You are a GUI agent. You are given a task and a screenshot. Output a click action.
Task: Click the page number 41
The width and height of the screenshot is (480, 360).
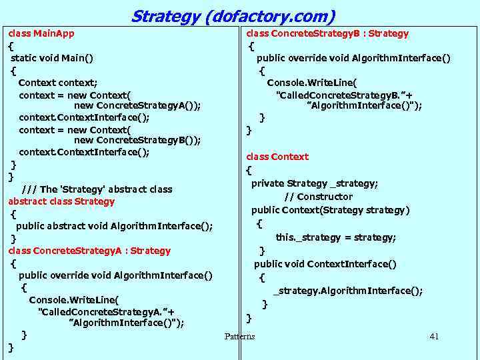pos(434,336)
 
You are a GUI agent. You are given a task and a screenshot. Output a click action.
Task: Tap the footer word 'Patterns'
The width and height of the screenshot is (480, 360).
pos(239,336)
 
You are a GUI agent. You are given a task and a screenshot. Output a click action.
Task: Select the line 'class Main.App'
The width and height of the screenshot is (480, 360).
pos(41,33)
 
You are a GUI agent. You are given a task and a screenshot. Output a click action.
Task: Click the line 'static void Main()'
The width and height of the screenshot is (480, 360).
pos(52,58)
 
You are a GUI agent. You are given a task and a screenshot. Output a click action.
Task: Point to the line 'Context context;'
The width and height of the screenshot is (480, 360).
pos(58,83)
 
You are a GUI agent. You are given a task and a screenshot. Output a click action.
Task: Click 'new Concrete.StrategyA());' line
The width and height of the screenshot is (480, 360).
pos(137,105)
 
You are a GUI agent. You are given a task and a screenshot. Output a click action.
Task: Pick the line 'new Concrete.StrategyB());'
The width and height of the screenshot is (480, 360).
pos(137,140)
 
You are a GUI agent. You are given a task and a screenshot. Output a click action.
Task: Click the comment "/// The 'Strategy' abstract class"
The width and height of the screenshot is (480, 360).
pos(97,189)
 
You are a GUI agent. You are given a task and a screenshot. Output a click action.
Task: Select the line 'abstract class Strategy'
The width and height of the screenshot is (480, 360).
pos(61,201)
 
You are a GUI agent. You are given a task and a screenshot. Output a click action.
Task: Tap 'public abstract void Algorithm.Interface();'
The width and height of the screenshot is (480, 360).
pos(115,226)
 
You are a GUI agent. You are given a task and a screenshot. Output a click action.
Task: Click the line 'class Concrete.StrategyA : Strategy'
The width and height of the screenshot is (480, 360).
pos(89,251)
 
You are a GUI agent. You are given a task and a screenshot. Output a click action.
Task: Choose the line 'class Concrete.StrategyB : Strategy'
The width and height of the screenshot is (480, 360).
pos(327,33)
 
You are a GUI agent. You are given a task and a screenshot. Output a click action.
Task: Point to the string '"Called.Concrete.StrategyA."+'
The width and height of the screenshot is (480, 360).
pos(107,312)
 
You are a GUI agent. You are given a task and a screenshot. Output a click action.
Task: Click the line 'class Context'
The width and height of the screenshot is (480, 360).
pos(277,157)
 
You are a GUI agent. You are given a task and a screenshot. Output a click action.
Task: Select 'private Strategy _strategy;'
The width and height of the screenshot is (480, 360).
pos(315,183)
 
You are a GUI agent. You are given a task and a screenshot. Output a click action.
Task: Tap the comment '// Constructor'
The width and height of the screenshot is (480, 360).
pos(318,197)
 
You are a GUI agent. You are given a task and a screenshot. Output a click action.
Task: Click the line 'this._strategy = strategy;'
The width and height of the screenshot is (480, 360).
pos(336,237)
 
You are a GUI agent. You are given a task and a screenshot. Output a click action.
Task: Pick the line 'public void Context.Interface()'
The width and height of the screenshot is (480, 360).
pos(325,264)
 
